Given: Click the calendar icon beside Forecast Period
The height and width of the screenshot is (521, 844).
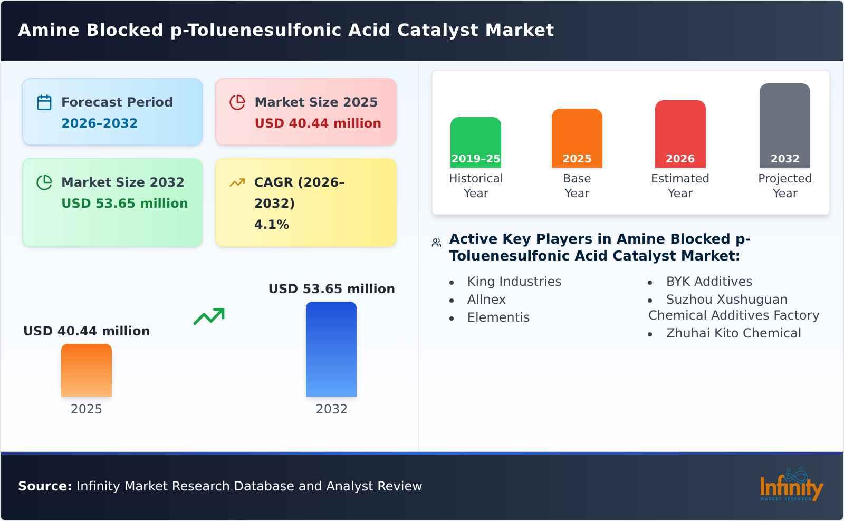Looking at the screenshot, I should click(x=44, y=102).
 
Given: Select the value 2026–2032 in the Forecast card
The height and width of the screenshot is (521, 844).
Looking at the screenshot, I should click(x=99, y=123).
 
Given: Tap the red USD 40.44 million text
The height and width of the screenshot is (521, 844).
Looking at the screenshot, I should click(x=318, y=123).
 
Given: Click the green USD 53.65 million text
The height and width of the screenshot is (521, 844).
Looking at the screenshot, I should click(x=124, y=204).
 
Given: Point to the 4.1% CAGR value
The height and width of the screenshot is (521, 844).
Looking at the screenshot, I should click(x=271, y=225).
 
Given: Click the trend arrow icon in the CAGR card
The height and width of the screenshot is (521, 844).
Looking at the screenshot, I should click(x=237, y=182).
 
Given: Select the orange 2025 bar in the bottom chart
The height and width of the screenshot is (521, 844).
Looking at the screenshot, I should click(x=87, y=370).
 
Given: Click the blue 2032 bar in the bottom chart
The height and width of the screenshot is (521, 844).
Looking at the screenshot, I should click(x=331, y=349).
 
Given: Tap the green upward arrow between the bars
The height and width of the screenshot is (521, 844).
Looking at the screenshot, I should click(x=209, y=316).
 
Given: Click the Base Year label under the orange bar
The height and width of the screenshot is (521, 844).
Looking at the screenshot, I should click(x=577, y=186).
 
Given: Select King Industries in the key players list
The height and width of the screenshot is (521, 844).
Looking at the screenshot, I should click(x=514, y=282).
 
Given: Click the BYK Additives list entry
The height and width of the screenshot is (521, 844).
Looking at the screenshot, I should click(x=709, y=282).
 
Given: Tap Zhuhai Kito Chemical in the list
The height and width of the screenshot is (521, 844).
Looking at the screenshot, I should click(x=733, y=333).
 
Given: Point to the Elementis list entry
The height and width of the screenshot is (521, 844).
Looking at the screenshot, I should click(x=498, y=317).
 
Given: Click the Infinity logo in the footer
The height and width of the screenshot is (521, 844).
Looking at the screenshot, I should click(x=791, y=485).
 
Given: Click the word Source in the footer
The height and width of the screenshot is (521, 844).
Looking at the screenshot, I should click(x=44, y=486).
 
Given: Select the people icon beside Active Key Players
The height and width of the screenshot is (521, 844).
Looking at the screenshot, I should click(x=436, y=243).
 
